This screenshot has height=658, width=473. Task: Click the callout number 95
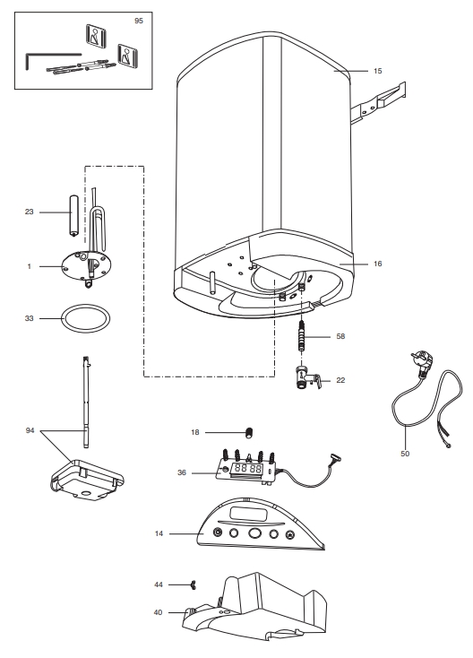click(138, 19)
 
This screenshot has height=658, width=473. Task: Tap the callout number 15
click(378, 69)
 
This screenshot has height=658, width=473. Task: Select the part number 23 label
click(29, 212)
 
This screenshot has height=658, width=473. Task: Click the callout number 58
click(340, 336)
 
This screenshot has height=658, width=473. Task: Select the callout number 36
click(182, 473)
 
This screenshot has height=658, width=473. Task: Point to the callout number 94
click(30, 431)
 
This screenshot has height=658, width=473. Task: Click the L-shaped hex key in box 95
click(40, 58)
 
